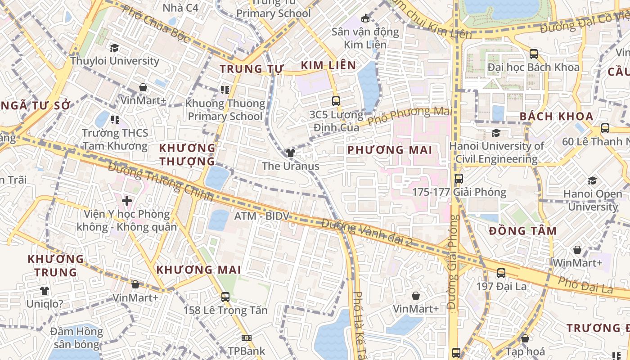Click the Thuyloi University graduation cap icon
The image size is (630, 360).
click(x=115, y=48)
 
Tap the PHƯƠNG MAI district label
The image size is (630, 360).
click(x=390, y=150)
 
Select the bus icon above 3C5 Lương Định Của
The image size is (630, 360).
click(x=336, y=101)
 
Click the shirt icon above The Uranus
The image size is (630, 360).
click(x=291, y=153)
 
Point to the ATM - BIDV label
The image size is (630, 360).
click(x=261, y=216)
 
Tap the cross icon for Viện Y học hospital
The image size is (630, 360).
click(x=127, y=201)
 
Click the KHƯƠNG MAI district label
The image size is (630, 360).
click(x=198, y=270)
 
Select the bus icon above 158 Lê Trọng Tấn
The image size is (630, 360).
click(x=225, y=297)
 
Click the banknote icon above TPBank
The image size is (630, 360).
click(x=246, y=338)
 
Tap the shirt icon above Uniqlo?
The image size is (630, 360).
click(x=44, y=291)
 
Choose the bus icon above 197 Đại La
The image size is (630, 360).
click(x=501, y=273)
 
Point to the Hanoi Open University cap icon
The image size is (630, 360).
click(x=592, y=181)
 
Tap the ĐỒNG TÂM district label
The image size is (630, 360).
click(x=523, y=231)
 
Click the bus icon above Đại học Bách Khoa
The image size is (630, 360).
click(x=534, y=54)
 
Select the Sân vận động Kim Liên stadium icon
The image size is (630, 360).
click(x=365, y=18)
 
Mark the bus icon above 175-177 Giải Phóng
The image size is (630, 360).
click(x=459, y=179)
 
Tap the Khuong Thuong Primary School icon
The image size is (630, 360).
click(x=225, y=90)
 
